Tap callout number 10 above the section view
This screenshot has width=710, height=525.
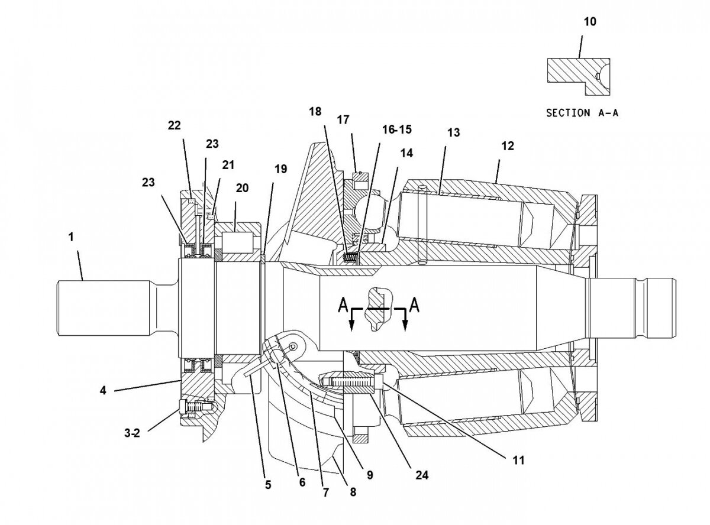coord(590,22)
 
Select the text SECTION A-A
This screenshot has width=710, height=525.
coord(582,112)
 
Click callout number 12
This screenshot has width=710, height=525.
coord(508,145)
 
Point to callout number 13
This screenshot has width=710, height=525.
coord(453,132)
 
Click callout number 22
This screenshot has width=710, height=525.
coord(174,125)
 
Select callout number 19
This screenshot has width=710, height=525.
coord(280,170)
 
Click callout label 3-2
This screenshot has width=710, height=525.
coord(132,433)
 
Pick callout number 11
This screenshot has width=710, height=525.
coord(519,458)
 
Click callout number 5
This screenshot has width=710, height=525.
coord(268,485)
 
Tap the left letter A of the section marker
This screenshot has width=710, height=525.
coord(343,305)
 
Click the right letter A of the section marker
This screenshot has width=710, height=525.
coord(415,305)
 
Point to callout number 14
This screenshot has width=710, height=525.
coord(406,153)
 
